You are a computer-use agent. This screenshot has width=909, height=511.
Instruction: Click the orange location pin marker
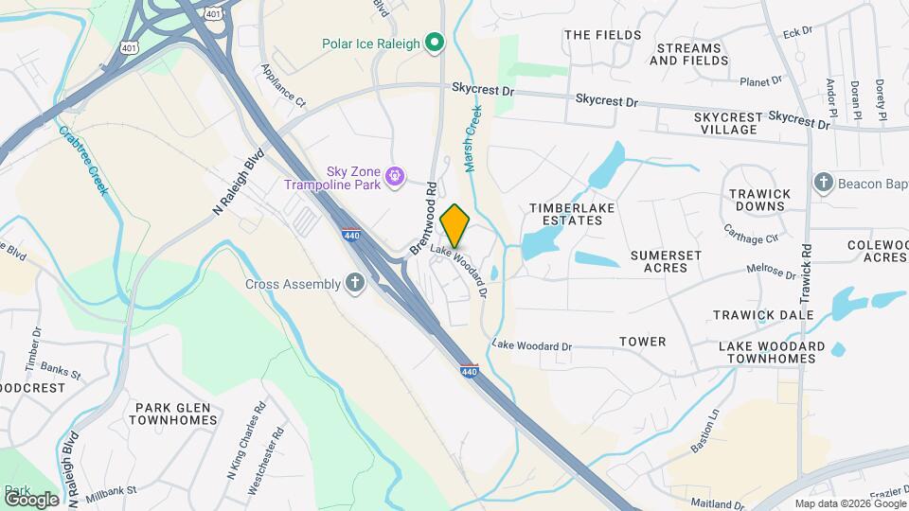454,225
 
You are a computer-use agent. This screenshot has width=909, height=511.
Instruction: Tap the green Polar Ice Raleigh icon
434,42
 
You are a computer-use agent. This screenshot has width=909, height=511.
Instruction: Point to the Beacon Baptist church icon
823,183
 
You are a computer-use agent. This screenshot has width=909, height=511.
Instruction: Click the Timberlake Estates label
566,214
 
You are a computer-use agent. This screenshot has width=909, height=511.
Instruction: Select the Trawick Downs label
759,201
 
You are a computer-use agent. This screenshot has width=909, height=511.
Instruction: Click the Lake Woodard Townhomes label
771,353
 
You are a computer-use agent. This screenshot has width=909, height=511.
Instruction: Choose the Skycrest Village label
727,123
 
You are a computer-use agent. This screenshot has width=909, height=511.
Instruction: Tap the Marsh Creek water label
472,138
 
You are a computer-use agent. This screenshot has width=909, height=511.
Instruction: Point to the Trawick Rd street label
806,275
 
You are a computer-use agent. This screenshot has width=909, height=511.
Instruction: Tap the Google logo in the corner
31,499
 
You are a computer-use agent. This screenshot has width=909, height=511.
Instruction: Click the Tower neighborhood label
642,342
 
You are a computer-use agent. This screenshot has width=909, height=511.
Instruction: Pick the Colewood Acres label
877,251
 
